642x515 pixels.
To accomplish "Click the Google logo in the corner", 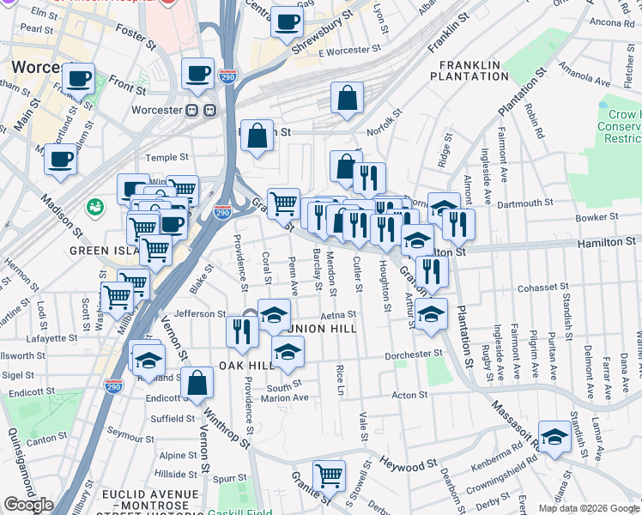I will (27, 505).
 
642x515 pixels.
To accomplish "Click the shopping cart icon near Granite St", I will (330, 474).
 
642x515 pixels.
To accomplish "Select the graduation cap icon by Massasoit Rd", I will (554, 437).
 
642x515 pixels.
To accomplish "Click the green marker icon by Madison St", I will (94, 207).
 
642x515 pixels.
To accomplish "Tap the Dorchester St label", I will (415, 353).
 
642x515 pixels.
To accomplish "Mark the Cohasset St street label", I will (516, 288).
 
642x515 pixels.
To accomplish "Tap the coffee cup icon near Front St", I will (79, 78).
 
